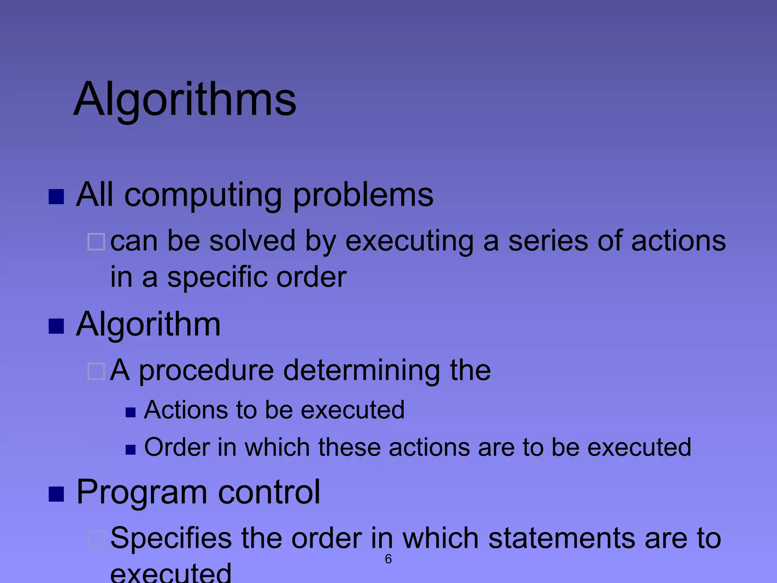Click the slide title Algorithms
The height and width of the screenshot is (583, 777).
tap(185, 99)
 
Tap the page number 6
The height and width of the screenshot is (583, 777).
tap(388, 559)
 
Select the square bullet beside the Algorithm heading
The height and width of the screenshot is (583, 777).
tap(56, 326)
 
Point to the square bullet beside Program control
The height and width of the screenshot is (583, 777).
tap(56, 494)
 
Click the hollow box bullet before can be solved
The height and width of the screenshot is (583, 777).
tap(96, 242)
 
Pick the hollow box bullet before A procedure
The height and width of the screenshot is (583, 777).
tap(96, 371)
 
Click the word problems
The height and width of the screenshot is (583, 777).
tap(363, 195)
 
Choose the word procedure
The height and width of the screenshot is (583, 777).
tap(206, 371)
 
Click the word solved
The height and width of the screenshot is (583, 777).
tap(252, 241)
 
